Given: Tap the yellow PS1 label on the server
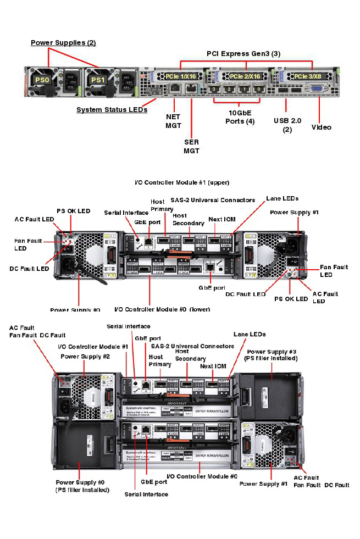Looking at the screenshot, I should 97,80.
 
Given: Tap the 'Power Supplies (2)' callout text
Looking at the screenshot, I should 63,42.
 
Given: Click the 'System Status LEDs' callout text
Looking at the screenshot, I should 112,110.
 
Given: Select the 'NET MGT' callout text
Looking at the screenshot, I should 173,121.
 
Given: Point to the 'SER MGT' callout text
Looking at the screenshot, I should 191,146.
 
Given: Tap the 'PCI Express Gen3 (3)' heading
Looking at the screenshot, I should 243,53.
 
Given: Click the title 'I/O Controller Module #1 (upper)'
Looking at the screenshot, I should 181,182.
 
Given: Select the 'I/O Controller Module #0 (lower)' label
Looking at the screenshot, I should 162,309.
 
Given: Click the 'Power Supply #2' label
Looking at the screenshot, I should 85,356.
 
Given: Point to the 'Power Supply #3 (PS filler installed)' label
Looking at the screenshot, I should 272,355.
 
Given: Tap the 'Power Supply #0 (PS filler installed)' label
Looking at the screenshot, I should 82,486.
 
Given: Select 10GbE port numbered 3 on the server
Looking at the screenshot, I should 215,88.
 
